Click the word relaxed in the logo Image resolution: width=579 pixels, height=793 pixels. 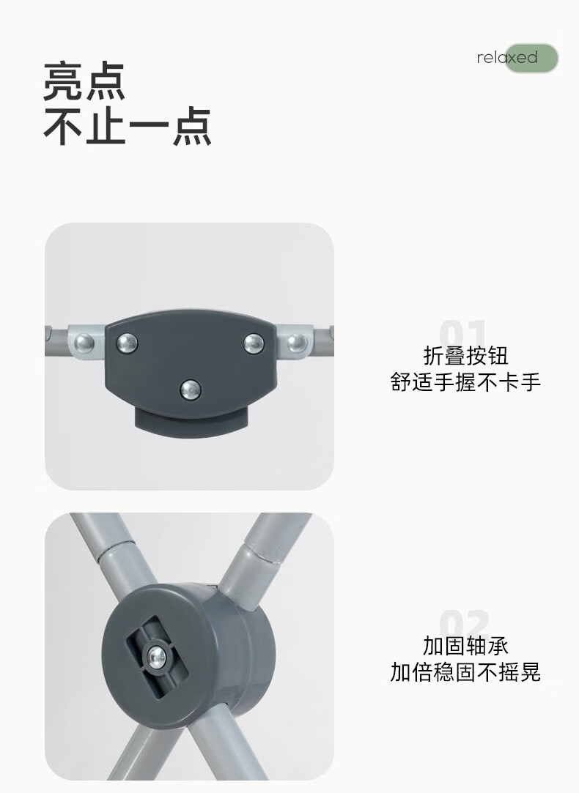507,58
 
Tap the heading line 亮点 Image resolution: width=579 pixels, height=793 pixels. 84,81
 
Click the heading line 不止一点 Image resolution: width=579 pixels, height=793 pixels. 127,127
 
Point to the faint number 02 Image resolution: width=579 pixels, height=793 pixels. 464,623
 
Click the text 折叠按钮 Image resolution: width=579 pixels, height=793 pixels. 465,356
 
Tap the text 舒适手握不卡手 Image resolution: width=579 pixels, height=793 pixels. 465,381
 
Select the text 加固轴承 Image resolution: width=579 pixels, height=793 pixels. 465,646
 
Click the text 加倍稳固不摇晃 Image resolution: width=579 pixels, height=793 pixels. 465,672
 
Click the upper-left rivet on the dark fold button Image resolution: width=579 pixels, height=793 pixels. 127,343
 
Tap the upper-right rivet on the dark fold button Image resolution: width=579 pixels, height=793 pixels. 253,343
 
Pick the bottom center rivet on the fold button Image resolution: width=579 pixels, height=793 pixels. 191,390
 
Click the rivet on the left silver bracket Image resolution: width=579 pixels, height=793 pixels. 84,343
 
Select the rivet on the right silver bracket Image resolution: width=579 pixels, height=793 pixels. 297,343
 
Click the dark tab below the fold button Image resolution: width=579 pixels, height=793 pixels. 191,421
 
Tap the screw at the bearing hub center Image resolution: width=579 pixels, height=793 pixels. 157,657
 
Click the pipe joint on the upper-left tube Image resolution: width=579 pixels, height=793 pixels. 117,551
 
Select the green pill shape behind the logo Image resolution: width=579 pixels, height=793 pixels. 531,58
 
